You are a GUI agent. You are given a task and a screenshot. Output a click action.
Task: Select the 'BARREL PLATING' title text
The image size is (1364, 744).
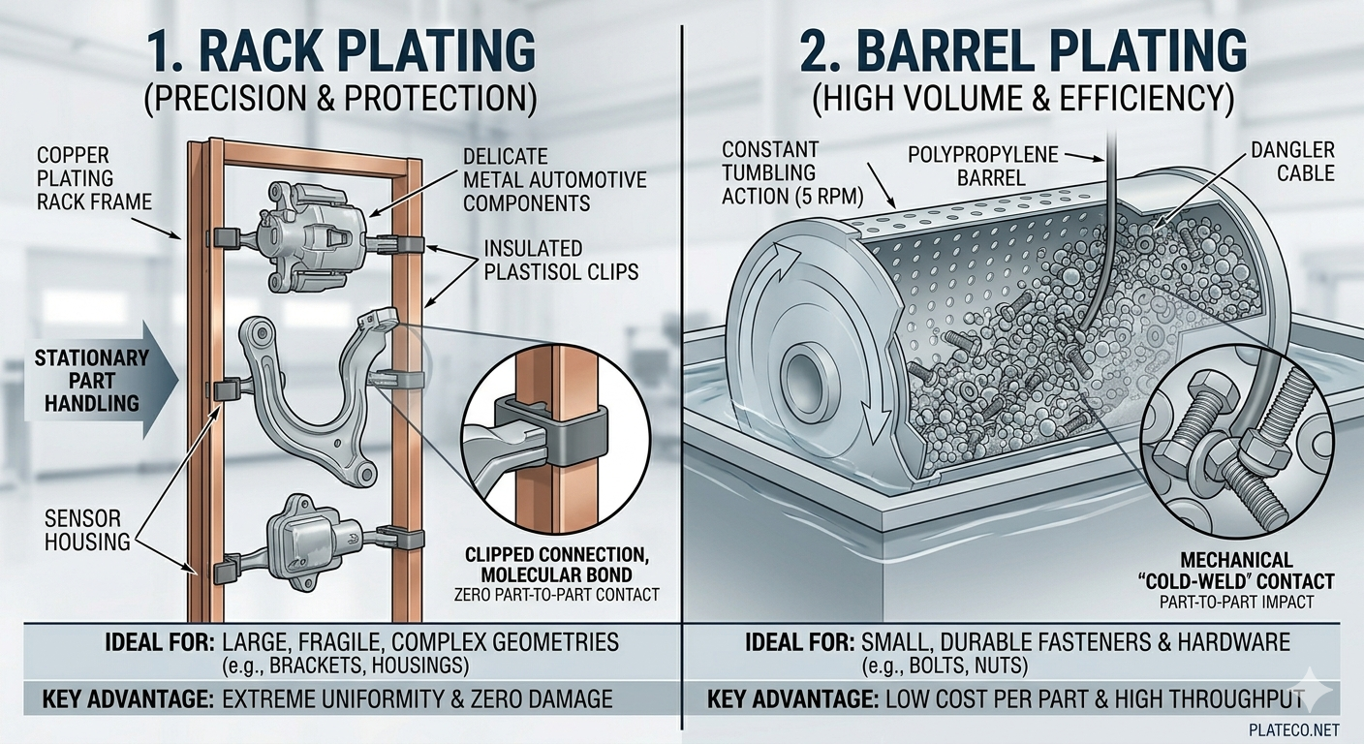(x=1022, y=53)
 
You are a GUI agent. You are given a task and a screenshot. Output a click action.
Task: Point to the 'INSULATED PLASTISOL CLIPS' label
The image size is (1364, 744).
(x=561, y=260)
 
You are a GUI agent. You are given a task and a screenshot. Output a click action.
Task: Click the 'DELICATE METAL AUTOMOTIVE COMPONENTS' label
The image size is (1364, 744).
(x=554, y=179)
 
